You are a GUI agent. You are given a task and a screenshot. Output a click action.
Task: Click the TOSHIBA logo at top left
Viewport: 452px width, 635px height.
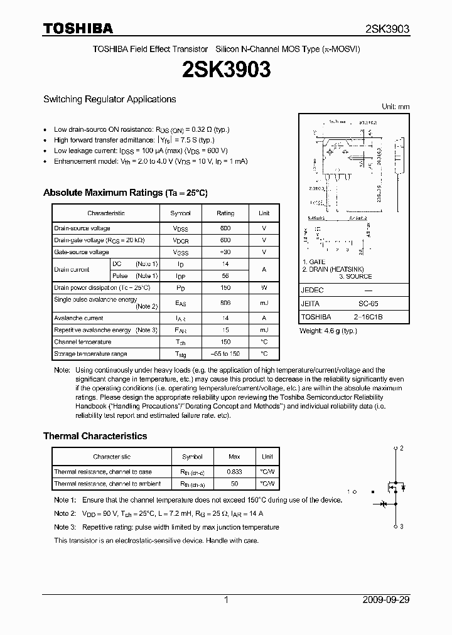pyautogui.click(x=78, y=28)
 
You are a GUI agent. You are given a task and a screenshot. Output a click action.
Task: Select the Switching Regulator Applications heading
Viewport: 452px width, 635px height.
pyautogui.click(x=109, y=99)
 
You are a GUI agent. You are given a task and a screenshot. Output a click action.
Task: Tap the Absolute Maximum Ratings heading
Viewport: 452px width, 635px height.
pyautogui.click(x=125, y=193)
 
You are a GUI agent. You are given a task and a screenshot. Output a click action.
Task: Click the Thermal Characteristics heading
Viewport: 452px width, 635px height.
pyautogui.click(x=95, y=436)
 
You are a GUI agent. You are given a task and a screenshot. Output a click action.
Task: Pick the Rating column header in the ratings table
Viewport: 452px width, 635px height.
pyautogui.click(x=225, y=213)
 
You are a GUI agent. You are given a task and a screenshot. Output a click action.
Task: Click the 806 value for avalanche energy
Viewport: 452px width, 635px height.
pyautogui.click(x=225, y=302)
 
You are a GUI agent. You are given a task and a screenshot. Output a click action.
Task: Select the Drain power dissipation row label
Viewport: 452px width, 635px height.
pyautogui.click(x=102, y=287)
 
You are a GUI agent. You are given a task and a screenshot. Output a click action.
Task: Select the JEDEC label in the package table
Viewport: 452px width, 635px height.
pyautogui.click(x=313, y=291)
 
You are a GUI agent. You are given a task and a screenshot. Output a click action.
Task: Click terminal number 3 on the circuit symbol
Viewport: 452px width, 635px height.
pyautogui.click(x=402, y=526)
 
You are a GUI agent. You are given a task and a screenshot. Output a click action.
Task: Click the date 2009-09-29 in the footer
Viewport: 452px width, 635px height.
pyautogui.click(x=386, y=600)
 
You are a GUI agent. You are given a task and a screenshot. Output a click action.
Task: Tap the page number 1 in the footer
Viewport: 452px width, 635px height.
pyautogui.click(x=226, y=600)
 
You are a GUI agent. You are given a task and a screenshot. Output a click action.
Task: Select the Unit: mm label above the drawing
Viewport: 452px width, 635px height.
pyautogui.click(x=395, y=107)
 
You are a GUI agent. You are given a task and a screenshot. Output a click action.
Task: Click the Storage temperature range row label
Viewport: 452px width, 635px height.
pyautogui.click(x=90, y=355)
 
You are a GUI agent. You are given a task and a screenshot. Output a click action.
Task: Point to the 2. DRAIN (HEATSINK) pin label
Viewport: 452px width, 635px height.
pyautogui.click(x=337, y=269)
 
